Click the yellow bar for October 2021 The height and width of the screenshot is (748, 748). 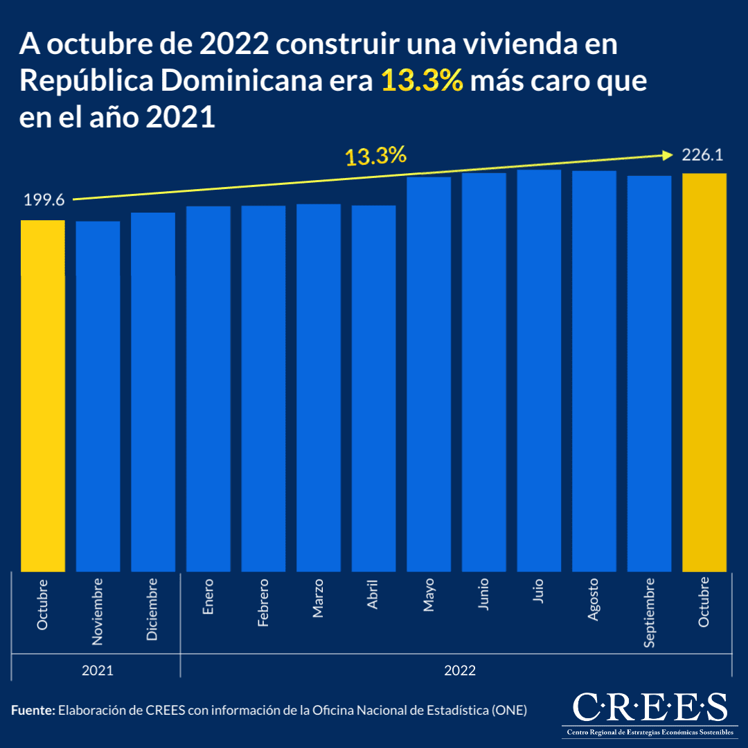tap(43, 395)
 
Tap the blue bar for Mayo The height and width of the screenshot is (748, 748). tap(429, 374)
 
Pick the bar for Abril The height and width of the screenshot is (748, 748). tap(373, 389)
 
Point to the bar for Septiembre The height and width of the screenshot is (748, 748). tap(649, 373)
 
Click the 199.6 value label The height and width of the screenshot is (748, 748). tap(44, 200)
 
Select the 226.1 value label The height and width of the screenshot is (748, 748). tap(703, 155)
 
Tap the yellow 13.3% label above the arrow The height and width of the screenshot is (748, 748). tap(375, 157)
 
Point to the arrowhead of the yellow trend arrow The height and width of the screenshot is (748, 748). tap(668, 154)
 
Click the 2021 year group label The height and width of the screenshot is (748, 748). tap(97, 670)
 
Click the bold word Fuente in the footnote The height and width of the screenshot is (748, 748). tap(33, 710)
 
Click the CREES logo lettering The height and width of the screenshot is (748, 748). tap(650, 707)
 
